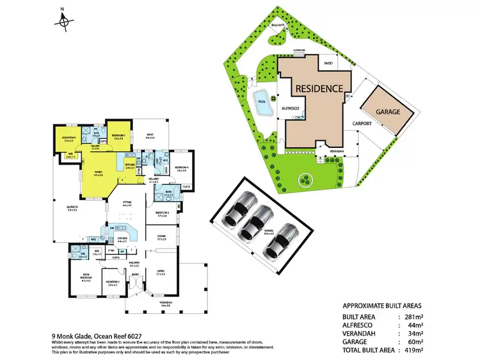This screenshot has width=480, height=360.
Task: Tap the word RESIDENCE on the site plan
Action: (x=322, y=88)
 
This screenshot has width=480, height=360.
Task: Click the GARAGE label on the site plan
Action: (x=388, y=111)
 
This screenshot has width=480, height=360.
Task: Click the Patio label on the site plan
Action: (x=328, y=64)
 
